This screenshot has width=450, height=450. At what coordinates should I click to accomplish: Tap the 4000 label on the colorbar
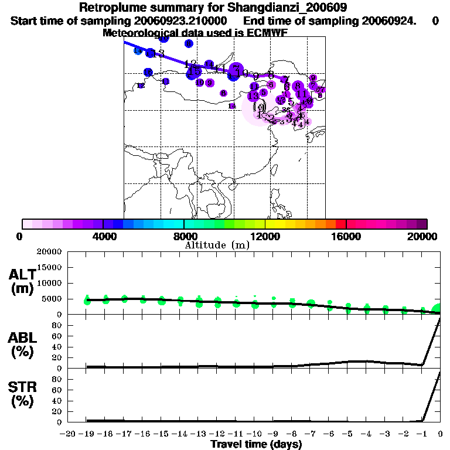tap(102, 236)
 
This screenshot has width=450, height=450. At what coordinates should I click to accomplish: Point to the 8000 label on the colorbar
tap(183, 236)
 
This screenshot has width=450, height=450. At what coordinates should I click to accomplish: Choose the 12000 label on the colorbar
tap(265, 236)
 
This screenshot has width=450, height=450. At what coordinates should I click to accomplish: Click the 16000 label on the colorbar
tap(346, 236)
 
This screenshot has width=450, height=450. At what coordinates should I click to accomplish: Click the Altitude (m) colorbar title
tap(217, 246)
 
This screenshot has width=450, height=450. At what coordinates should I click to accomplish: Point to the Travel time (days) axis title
tap(256, 444)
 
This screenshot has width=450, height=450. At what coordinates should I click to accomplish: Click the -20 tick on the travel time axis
tap(69, 434)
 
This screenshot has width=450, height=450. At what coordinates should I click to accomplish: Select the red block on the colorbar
tap(341, 224)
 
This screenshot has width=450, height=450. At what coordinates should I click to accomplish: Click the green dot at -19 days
tap(88, 300)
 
